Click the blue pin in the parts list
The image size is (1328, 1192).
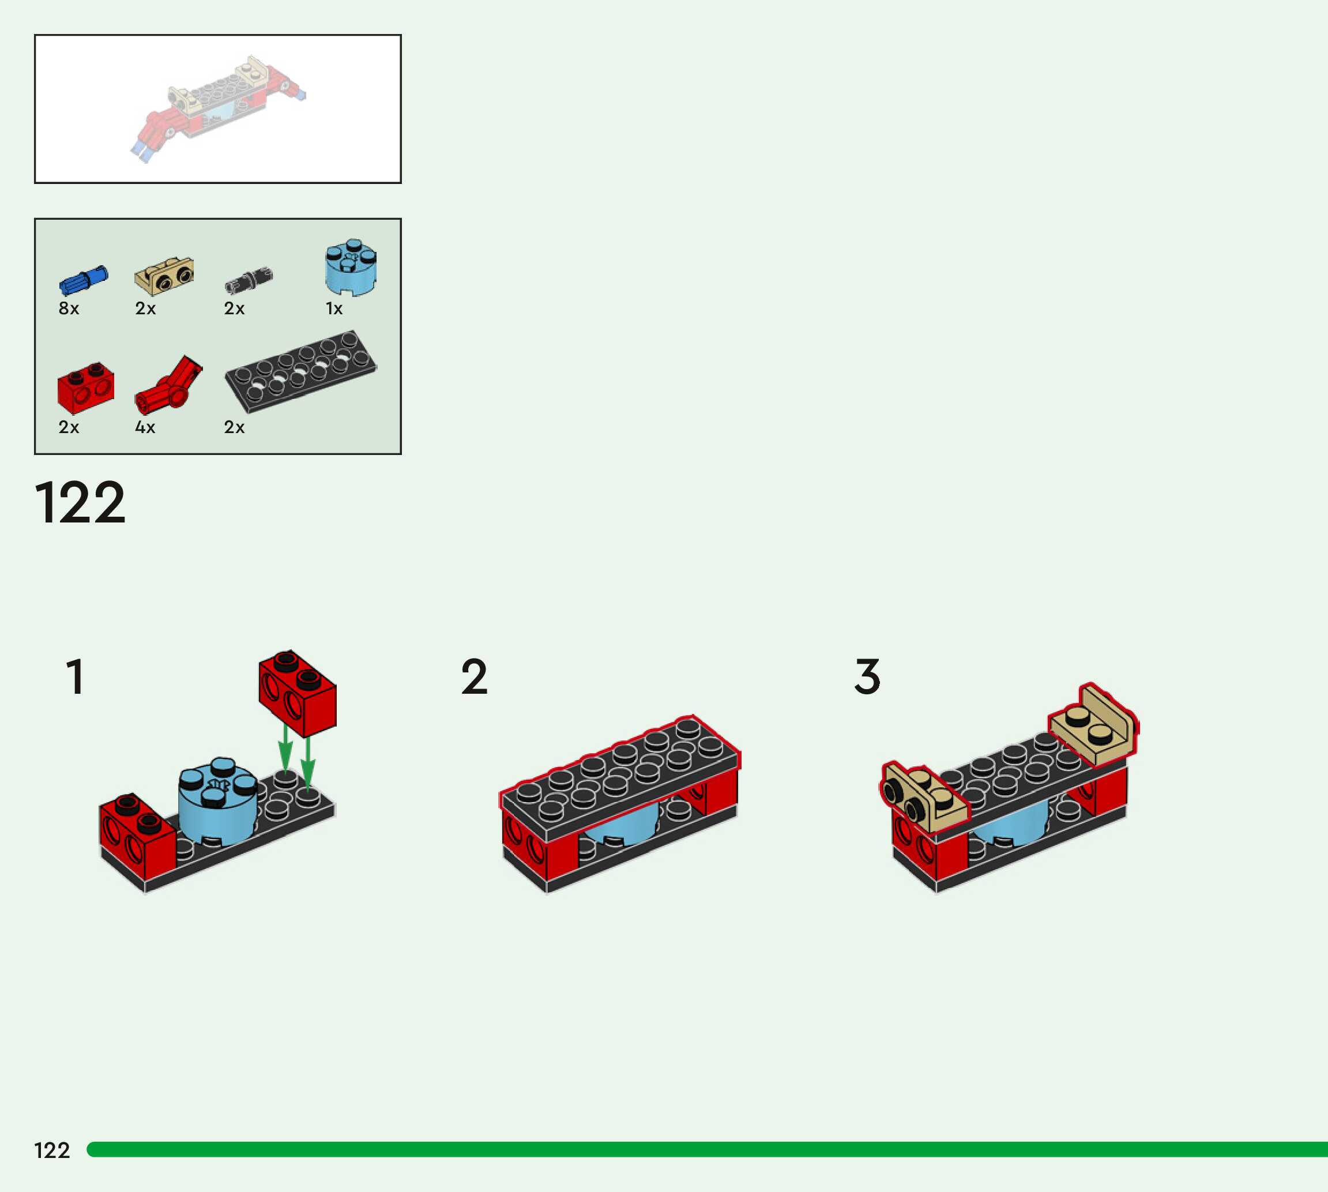(x=83, y=281)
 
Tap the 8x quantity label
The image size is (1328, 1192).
(x=69, y=309)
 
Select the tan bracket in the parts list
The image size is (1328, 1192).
(x=164, y=276)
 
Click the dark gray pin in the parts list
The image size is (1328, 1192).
(x=248, y=280)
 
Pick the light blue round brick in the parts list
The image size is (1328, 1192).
(x=351, y=267)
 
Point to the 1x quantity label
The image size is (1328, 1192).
(x=334, y=309)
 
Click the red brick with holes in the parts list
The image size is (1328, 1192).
(x=86, y=387)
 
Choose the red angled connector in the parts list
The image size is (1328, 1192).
(x=168, y=385)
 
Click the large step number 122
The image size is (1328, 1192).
(x=80, y=503)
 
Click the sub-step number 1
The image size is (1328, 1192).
(x=76, y=676)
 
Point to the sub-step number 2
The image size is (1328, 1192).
(x=474, y=676)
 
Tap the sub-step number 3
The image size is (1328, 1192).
(x=867, y=676)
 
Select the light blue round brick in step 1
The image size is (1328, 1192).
(x=217, y=802)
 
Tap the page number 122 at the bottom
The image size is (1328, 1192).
(x=52, y=1150)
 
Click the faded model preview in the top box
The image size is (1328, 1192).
(x=218, y=107)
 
